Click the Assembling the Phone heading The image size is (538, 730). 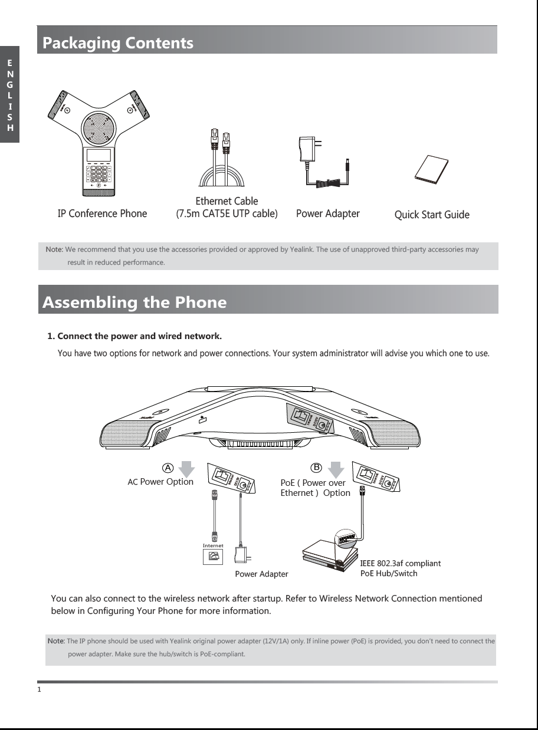tap(133, 302)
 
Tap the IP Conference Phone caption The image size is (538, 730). tap(102, 213)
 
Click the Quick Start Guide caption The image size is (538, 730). tap(431, 215)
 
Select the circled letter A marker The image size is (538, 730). tap(168, 467)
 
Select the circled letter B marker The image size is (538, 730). tap(316, 467)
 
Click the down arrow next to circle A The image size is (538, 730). tap(186, 469)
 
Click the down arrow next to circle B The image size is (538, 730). tap(335, 469)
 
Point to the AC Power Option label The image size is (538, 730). tap(160, 482)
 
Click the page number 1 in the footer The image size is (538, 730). tap(39, 689)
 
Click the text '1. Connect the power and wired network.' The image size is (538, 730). tap(134, 337)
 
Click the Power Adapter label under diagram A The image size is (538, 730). tap(261, 574)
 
